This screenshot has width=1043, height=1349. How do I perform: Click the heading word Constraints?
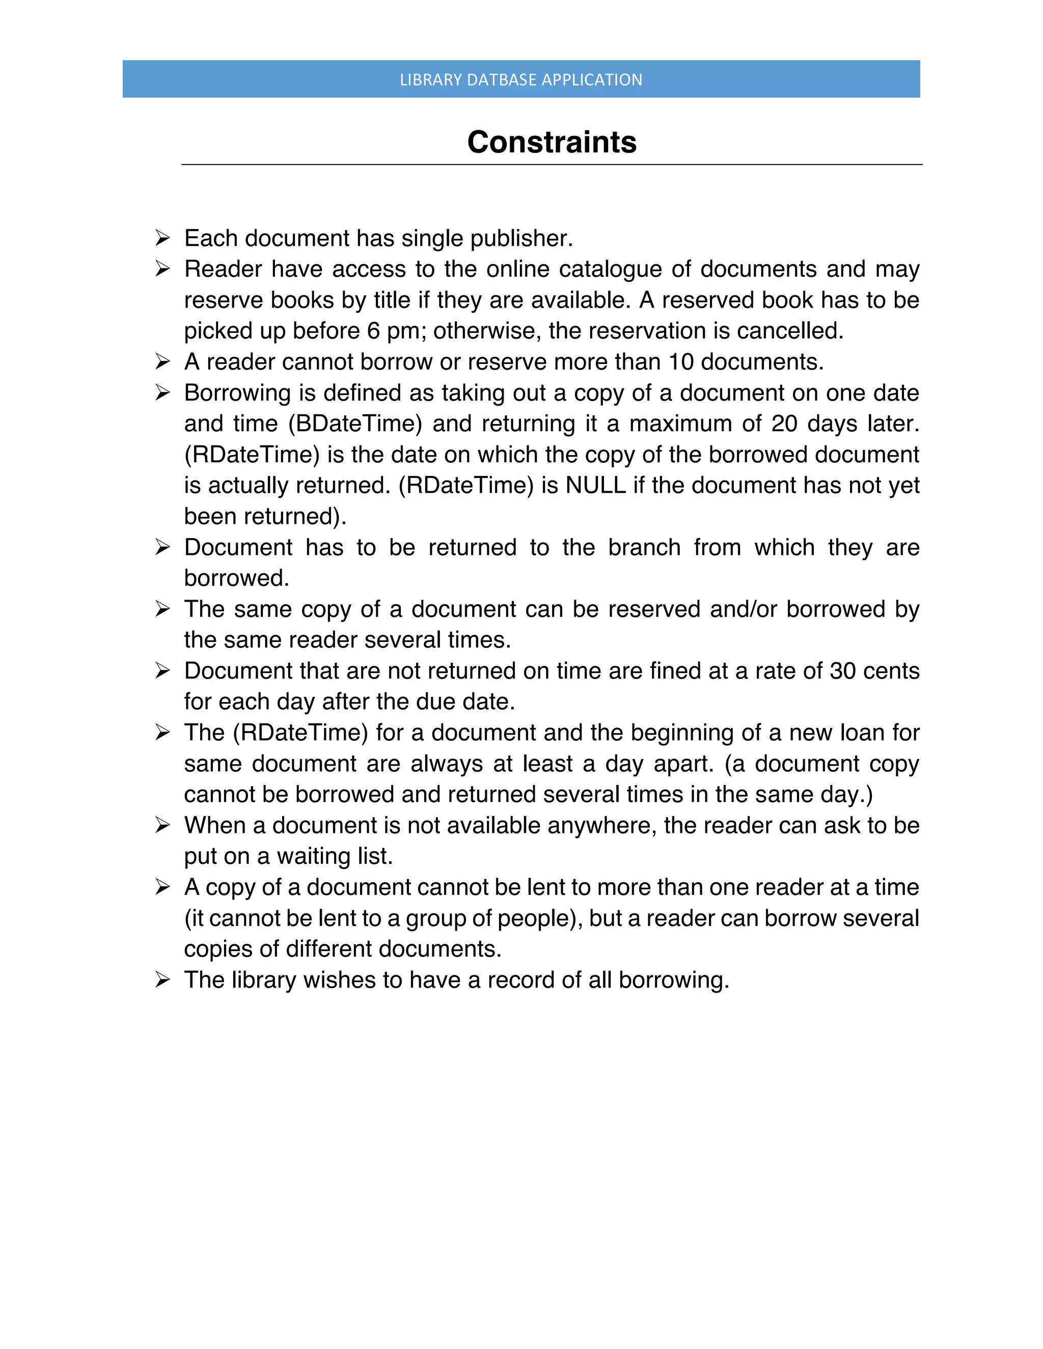pyautogui.click(x=551, y=143)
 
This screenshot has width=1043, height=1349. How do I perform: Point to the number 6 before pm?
pyautogui.click(x=373, y=331)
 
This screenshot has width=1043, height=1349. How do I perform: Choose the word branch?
pyautogui.click(x=644, y=547)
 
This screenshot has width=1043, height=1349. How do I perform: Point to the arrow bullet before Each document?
pyautogui.click(x=162, y=238)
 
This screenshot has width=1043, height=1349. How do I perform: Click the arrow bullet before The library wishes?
pyautogui.click(x=162, y=979)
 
